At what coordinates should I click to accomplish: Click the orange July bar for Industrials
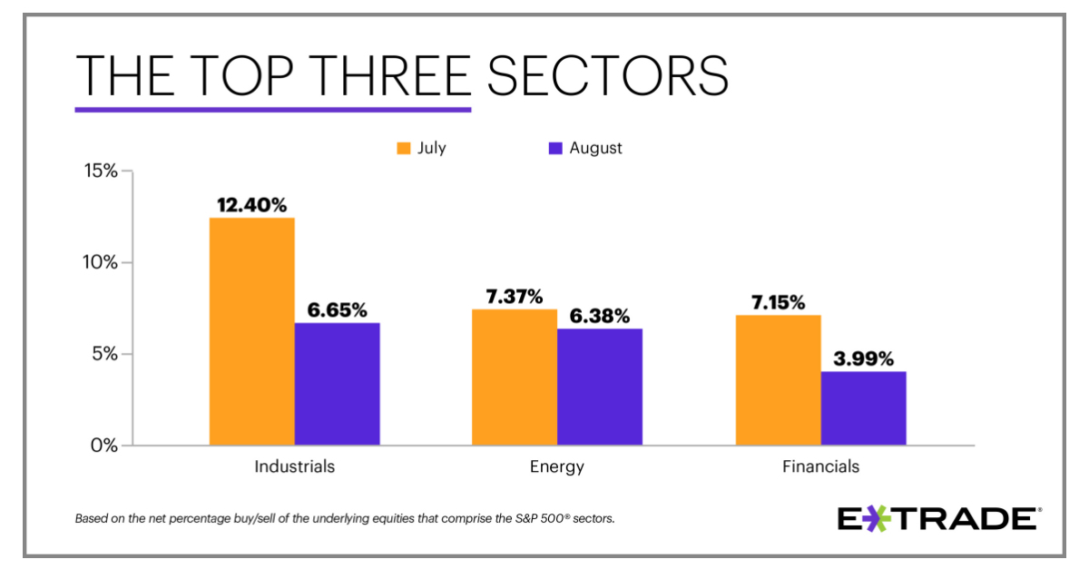point(251,331)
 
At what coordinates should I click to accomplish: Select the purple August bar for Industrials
point(337,384)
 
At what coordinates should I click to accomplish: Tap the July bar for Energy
point(515,377)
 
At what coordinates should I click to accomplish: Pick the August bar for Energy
point(600,387)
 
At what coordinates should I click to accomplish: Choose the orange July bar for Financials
point(778,379)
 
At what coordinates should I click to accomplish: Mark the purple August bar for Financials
point(863,408)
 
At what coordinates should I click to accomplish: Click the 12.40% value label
point(251,205)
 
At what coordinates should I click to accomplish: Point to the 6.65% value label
point(337,310)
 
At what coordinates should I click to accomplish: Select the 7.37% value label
point(515,297)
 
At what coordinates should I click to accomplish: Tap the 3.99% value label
point(863,358)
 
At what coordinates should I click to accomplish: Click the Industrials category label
point(294,467)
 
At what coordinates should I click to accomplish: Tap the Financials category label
point(820,467)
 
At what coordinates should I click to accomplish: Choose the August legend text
point(595,148)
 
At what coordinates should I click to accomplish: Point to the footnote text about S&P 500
point(346,520)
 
